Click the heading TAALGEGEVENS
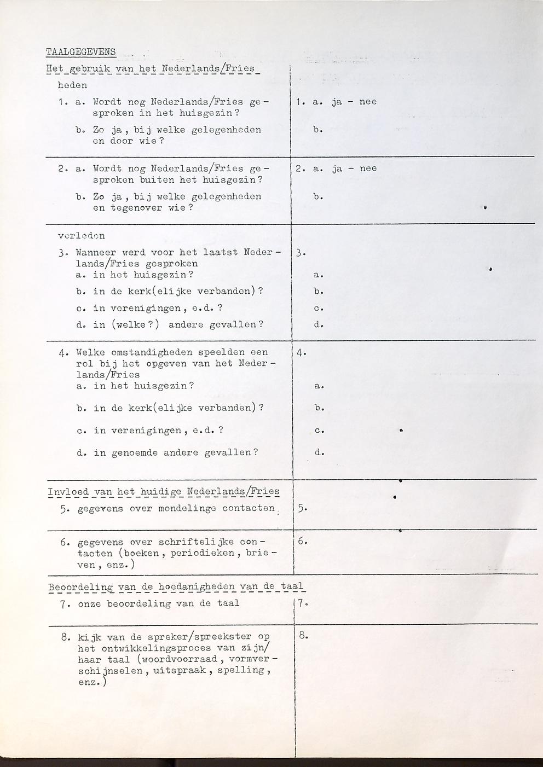click(81, 52)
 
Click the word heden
click(72, 85)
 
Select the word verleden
click(81, 236)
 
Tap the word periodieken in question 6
click(203, 553)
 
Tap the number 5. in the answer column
click(302, 509)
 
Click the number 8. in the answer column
click(304, 636)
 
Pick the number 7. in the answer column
click(304, 603)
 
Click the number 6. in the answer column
click(304, 542)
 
